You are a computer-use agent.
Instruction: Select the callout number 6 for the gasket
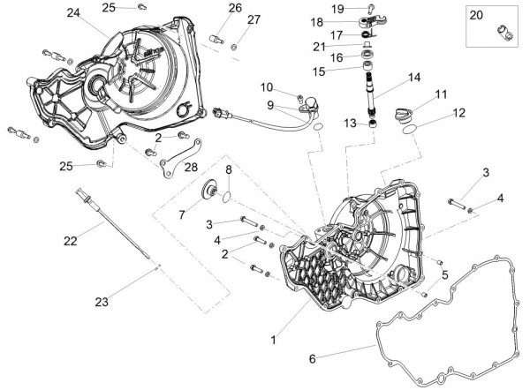(311, 359)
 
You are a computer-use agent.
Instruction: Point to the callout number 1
(275, 339)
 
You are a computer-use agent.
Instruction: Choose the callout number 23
(102, 302)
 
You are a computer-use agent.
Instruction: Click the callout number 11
(441, 94)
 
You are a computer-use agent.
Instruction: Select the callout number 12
(458, 113)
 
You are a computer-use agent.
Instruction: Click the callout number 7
(182, 214)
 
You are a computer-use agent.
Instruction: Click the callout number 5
(445, 275)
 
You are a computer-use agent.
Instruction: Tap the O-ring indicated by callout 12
(409, 131)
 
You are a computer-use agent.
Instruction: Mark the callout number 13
(351, 124)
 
